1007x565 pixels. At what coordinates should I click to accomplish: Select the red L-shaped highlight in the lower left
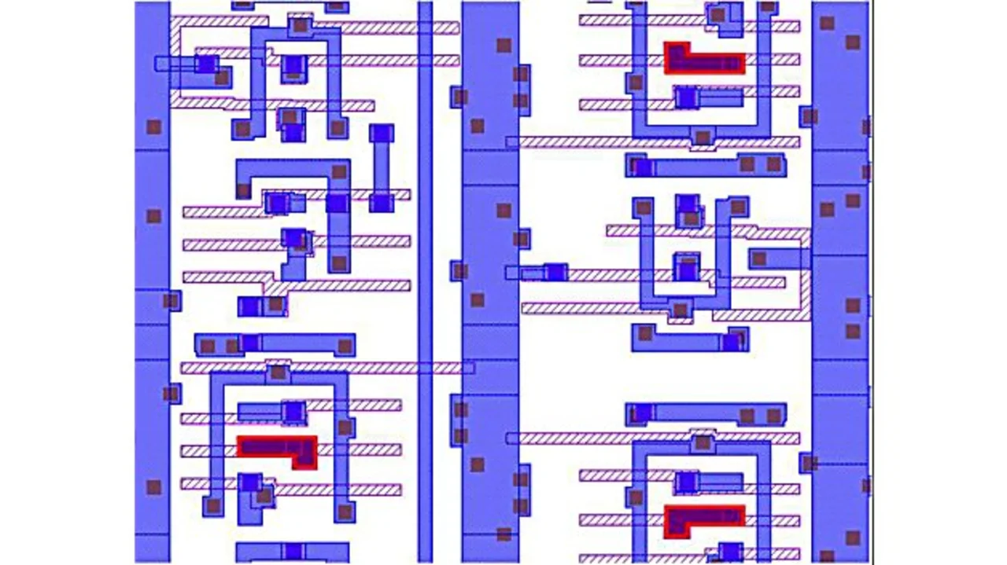277,447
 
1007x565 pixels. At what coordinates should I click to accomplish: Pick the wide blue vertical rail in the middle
489,283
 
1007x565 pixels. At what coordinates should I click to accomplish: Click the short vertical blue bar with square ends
382,167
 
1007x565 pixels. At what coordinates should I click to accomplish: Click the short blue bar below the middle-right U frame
689,339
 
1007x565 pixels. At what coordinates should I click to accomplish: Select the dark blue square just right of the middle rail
555,273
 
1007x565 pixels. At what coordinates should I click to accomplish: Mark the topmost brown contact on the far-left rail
153,127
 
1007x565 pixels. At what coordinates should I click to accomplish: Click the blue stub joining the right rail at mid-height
779,258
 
